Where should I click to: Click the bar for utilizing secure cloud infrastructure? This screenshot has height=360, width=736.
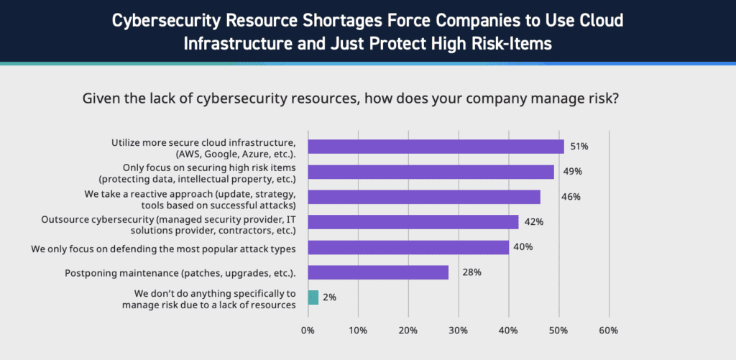(x=436, y=147)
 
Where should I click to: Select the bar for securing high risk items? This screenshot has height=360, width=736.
(x=431, y=172)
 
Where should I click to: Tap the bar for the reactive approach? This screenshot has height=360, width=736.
(x=424, y=197)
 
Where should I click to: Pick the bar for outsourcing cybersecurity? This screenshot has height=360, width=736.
(x=413, y=222)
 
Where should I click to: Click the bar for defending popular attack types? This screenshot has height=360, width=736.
(x=408, y=247)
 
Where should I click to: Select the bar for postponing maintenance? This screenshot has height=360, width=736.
(x=378, y=272)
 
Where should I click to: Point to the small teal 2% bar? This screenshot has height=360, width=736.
(x=313, y=297)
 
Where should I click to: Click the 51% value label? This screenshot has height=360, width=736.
(x=579, y=147)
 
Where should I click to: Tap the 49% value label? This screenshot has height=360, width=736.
(x=573, y=172)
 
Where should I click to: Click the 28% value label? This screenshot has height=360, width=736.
(x=471, y=272)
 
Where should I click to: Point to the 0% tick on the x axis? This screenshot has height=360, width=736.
(x=308, y=331)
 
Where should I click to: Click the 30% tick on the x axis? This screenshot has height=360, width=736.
(x=459, y=331)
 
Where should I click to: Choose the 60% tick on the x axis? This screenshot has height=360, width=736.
(x=609, y=331)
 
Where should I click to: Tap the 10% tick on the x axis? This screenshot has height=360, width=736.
(x=358, y=331)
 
